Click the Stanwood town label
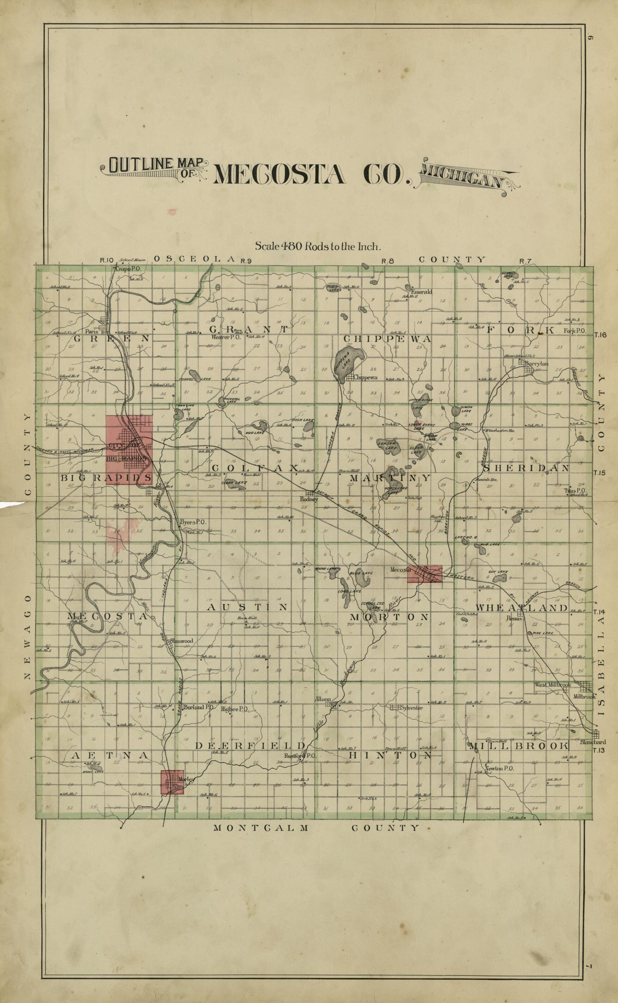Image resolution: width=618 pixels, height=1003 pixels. (x=181, y=641)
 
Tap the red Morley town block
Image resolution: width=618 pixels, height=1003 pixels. (x=172, y=782)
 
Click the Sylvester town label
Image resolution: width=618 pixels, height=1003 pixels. (x=412, y=708)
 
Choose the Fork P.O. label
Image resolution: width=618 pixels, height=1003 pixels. (x=574, y=331)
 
